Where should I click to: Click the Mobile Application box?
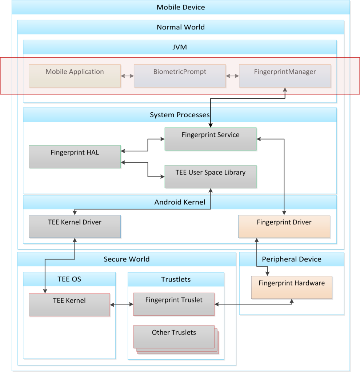[75, 76]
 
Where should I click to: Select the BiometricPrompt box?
[180, 76]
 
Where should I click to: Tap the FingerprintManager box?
[285, 76]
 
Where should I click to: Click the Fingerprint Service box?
[211, 139]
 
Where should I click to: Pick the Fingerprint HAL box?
[75, 157]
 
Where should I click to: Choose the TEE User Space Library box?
[211, 177]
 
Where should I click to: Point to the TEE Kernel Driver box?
[75, 226]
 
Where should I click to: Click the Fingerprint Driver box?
[284, 226]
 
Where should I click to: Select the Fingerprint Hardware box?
[292, 287]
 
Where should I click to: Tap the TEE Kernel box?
[69, 304]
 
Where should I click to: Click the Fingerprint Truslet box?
[174, 304]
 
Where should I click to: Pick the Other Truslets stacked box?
[174, 337]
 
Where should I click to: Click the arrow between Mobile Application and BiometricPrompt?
[127, 76]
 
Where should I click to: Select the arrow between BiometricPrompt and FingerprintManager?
[232, 76]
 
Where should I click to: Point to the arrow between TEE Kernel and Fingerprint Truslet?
[121, 304]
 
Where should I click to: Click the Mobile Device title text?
[181, 7]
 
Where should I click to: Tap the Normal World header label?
[181, 27]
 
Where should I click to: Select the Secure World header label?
[127, 259]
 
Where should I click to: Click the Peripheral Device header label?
[292, 259]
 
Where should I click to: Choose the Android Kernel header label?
[180, 202]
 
